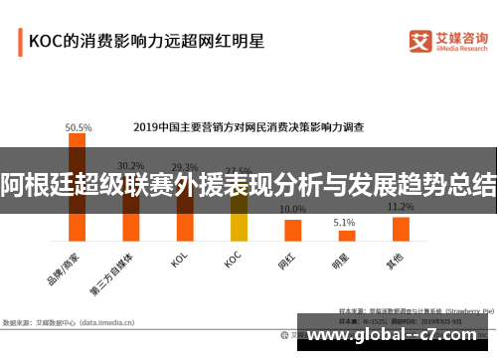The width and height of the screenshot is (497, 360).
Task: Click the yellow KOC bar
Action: tap(239, 219)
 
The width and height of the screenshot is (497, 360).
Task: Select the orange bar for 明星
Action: tap(346, 236)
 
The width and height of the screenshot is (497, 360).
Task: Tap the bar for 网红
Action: tap(292, 230)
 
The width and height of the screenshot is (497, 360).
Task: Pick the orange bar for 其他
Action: tap(401, 229)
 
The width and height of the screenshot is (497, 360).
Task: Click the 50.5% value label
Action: tap(79, 127)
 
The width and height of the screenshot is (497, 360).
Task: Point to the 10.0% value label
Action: tap(292, 210)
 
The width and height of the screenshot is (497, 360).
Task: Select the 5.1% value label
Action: tap(344, 223)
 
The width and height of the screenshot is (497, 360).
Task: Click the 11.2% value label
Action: tap(401, 207)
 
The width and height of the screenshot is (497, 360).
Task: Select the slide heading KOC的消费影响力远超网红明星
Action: tap(145, 42)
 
